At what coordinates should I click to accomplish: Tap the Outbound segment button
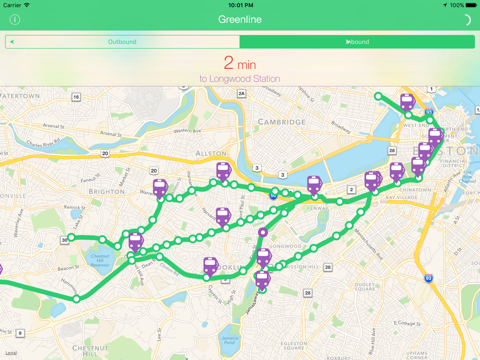coord(122,42)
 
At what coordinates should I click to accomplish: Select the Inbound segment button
coord(357,42)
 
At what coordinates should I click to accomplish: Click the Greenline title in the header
coord(239,20)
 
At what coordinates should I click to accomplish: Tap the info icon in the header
coord(14,20)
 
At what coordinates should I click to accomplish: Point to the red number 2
coord(229,63)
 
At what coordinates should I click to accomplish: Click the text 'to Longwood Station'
coord(239,78)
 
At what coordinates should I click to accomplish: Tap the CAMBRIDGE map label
coord(253,122)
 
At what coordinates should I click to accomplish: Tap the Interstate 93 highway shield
coord(429,278)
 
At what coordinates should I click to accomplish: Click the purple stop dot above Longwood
coord(263,233)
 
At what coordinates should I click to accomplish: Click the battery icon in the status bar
coord(469,5)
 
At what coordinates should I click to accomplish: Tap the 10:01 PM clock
coord(240,5)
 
